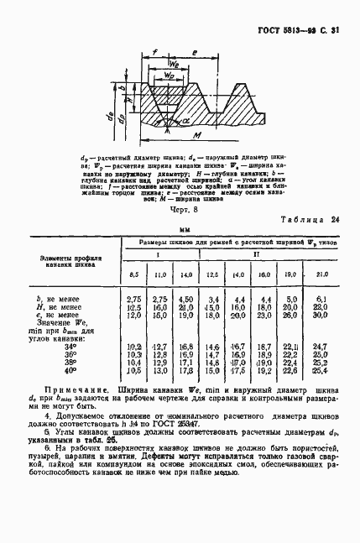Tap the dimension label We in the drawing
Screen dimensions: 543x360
(x=175, y=65)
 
